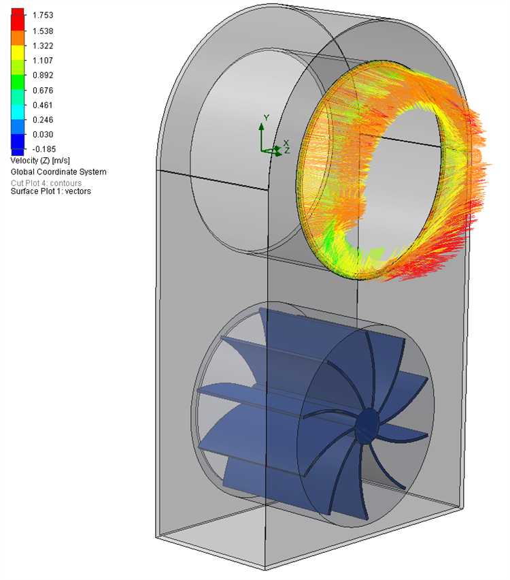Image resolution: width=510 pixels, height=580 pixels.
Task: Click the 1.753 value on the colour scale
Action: (x=43, y=15)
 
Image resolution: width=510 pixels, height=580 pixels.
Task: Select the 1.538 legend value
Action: (x=43, y=31)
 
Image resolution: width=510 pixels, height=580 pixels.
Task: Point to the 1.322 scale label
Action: (x=43, y=46)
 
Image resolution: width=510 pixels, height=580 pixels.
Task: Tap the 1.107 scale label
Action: (x=43, y=61)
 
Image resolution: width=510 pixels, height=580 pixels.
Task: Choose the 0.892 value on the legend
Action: (x=43, y=75)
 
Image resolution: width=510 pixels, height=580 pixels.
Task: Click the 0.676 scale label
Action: (x=43, y=91)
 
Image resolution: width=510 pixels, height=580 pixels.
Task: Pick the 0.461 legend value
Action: (x=43, y=105)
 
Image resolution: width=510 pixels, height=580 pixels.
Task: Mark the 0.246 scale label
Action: (x=43, y=120)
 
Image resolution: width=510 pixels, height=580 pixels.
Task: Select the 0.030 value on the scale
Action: (x=43, y=135)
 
